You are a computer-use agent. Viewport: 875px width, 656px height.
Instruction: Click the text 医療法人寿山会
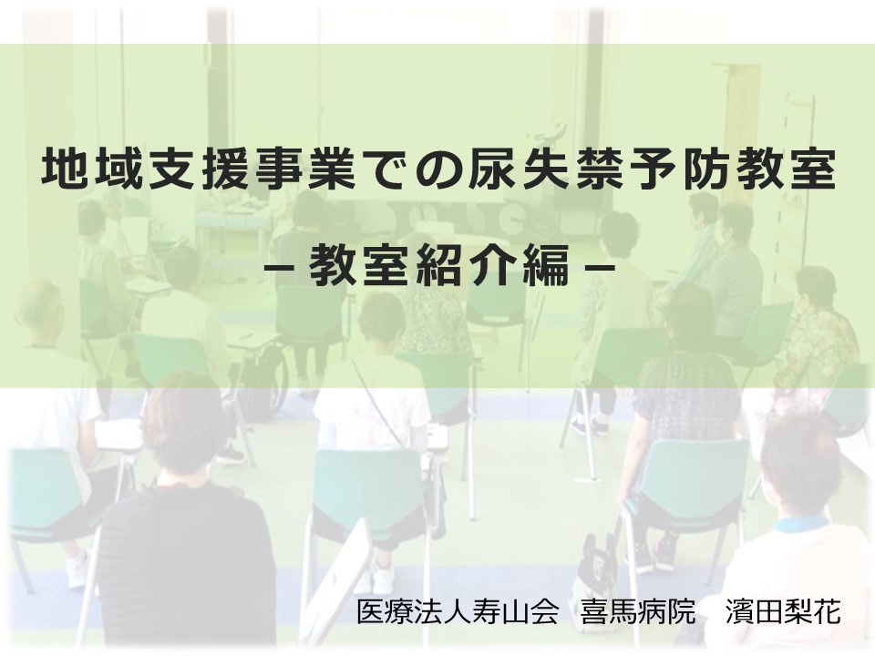tap(457, 612)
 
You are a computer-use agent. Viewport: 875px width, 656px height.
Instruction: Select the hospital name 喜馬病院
tap(638, 612)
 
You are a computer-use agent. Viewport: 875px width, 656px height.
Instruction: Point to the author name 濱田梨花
tap(783, 612)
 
